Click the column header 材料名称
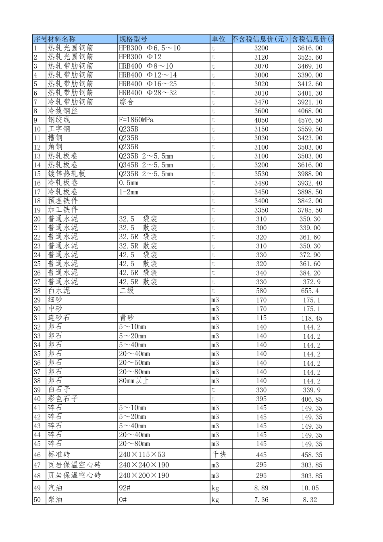tap(62, 39)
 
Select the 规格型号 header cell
tap(133, 39)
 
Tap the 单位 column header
tap(219, 39)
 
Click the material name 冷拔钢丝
tap(63, 111)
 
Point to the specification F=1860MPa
tap(136, 120)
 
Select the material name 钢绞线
tap(59, 120)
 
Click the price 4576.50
tap(310, 120)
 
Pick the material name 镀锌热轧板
tap(67, 174)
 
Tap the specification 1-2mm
tap(129, 192)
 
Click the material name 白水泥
tap(59, 291)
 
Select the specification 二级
tap(126, 291)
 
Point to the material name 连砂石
tap(59, 318)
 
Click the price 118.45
tap(312, 318)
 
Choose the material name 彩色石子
tap(63, 399)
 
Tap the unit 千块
tap(219, 454)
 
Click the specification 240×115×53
tap(142, 454)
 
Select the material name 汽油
tap(55, 488)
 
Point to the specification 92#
tap(125, 488)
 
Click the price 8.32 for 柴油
tap(310, 500)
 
